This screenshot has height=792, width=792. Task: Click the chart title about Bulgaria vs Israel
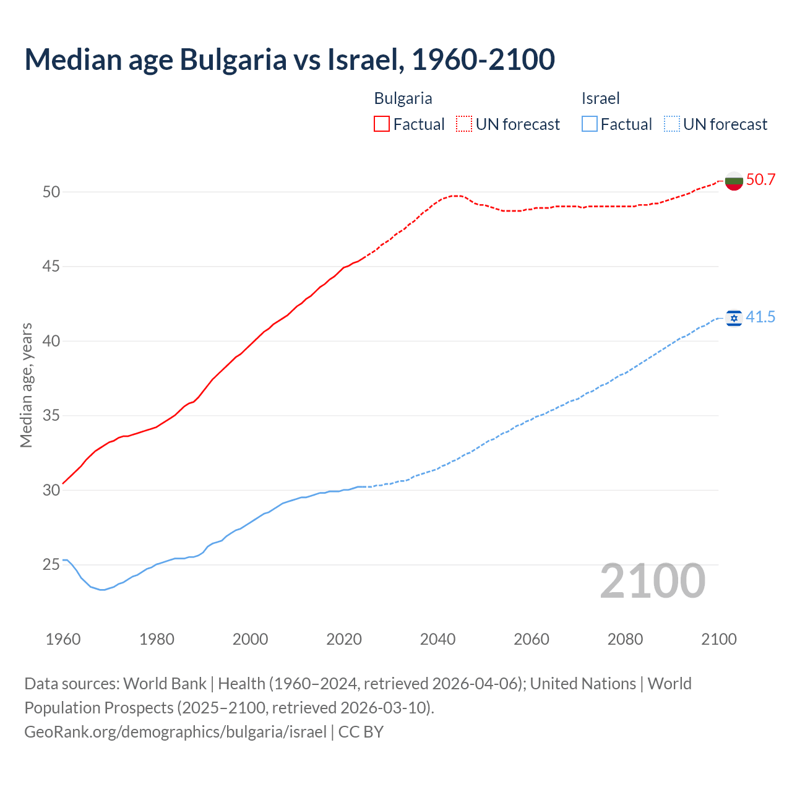coord(290,59)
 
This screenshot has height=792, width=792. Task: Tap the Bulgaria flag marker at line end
coord(734,181)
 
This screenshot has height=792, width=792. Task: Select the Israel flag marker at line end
coord(734,318)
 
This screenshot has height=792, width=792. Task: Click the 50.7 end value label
coord(760,180)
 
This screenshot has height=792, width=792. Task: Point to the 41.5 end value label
coord(760,317)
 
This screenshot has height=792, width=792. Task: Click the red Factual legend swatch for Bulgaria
coord(382,124)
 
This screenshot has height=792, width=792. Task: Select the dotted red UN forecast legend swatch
coord(464,124)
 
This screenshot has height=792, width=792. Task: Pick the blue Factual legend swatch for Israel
coord(590,124)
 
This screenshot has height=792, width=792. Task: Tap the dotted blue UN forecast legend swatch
coord(671,124)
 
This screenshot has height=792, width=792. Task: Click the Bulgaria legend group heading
coord(403,98)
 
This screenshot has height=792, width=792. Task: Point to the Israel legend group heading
coord(600,98)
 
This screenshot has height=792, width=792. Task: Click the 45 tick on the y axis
coord(51,267)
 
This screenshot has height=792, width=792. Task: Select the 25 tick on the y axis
coord(51,565)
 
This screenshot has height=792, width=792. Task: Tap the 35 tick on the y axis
coord(51,416)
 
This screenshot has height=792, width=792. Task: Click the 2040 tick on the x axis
coord(437,639)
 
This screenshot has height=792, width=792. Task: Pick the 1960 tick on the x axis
coord(63,639)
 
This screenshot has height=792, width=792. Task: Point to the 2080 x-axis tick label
coord(625,639)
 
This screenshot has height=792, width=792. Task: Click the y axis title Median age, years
coord(26,385)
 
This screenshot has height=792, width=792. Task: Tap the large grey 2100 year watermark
coord(652,581)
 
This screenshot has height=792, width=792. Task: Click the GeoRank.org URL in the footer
coord(175,732)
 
